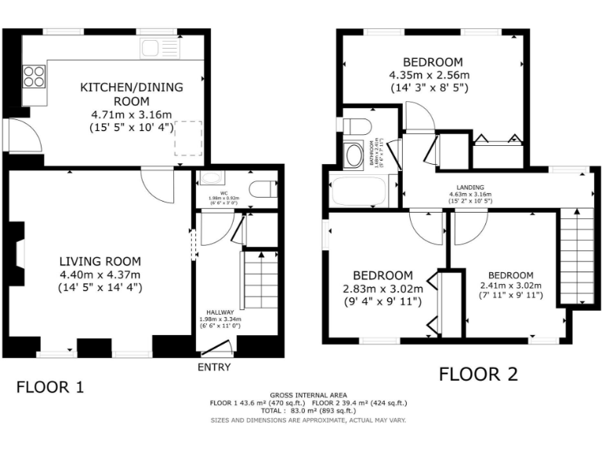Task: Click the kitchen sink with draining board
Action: (161, 48)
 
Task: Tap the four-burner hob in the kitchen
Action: (33, 76)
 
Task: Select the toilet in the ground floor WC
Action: (263, 189)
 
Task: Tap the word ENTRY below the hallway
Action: (215, 366)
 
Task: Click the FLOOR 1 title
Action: (50, 387)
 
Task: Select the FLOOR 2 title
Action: (478, 374)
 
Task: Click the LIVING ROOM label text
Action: (100, 261)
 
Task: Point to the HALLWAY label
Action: (219, 312)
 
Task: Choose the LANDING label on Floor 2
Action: (470, 188)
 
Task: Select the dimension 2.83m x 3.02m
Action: (382, 288)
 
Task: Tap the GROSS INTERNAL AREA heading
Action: (308, 395)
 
